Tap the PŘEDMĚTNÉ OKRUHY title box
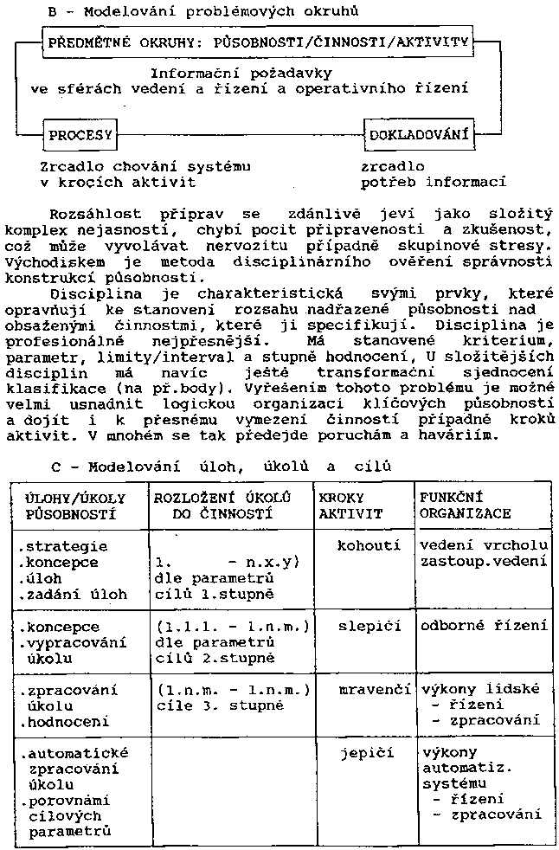coord(258,42)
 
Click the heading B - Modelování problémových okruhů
coord(204,10)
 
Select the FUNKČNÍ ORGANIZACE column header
coord(465,505)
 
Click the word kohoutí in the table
coord(369,546)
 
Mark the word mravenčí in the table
coord(369,690)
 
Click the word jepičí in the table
coord(369,753)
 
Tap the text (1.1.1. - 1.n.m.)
coord(234,626)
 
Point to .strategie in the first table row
coord(63,546)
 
